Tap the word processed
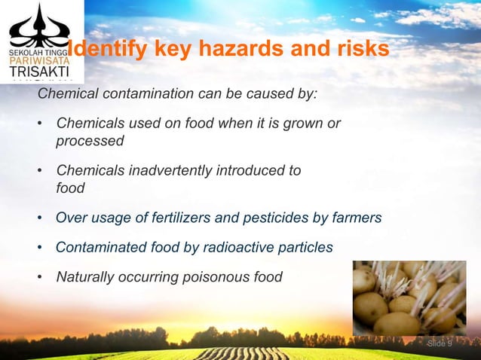coord(90,141)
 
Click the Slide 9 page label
coord(440,344)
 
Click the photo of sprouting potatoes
coord(409,297)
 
